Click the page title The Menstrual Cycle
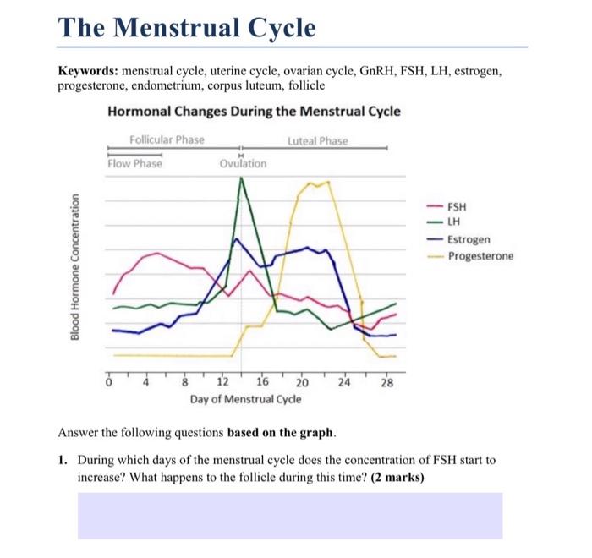coord(187,28)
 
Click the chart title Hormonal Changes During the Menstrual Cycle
coord(255,112)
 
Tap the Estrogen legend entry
coord(467,239)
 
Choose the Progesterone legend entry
coord(479,256)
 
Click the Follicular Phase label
coord(167,139)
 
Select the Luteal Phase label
coord(317,140)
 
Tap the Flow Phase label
coord(134,164)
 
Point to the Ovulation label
coord(243,164)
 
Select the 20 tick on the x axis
coord(301,382)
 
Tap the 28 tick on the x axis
coord(386,382)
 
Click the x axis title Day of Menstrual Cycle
coord(245,398)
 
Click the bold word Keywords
coord(88,74)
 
